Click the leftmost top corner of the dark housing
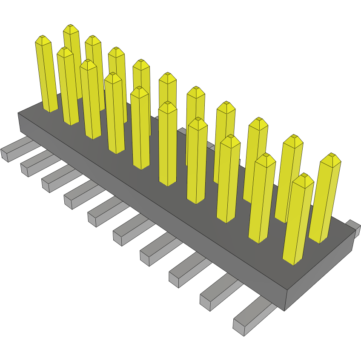(18, 113)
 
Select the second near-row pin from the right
(261, 200)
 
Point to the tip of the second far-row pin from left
(92, 39)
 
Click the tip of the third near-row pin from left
(88, 63)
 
